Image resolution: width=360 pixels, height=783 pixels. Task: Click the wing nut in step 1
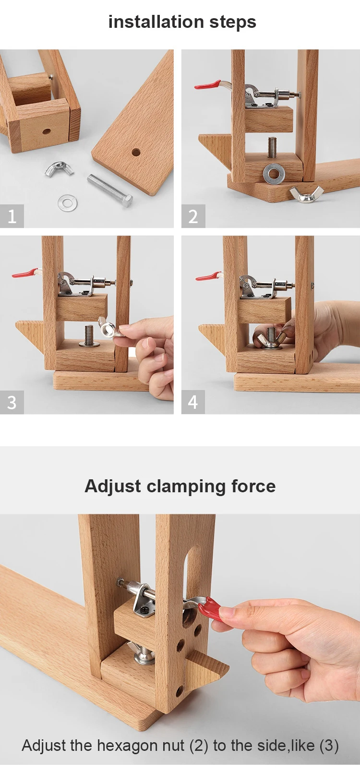coord(59,169)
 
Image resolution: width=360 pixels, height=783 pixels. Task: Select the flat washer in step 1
coord(67,202)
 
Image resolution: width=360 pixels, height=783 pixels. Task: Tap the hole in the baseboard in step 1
coord(136,153)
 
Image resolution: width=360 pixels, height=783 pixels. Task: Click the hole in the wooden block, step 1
coord(46,131)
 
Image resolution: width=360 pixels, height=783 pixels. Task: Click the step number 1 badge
coord(12,216)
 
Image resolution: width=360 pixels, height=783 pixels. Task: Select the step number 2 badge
coord(193,216)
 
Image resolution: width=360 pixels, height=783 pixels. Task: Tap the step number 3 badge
coord(12,402)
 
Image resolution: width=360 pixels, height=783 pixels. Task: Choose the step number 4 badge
coord(193,402)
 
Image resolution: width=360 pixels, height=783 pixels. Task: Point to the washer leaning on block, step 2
coord(274,173)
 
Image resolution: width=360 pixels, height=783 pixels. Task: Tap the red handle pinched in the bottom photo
coord(210,610)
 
